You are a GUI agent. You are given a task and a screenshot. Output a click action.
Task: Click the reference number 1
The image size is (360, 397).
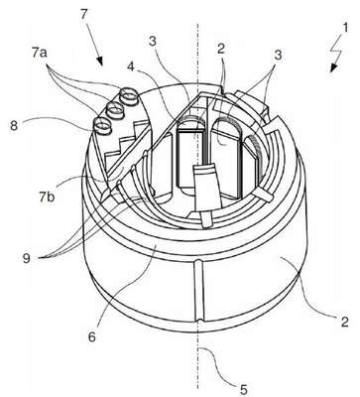coord(345,28)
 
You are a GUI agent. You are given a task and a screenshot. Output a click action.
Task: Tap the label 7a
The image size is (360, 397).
coord(40,54)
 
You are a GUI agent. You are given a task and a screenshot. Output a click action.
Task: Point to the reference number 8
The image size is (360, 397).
coord(14,126)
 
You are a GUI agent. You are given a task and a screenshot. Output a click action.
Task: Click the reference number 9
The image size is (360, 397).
coord(27,257)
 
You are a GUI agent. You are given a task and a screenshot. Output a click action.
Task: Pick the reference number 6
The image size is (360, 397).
coord(91,336)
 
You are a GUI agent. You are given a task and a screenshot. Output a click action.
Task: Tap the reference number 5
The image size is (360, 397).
coord(243,389)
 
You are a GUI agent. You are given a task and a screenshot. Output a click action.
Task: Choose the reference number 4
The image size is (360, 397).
coord(131,66)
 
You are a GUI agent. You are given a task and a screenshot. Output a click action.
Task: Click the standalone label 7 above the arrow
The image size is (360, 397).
coord(84,15)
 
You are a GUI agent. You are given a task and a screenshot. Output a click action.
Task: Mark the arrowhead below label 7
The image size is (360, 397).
coord(100,61)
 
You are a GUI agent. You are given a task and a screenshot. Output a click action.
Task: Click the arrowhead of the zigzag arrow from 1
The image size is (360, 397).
coord(333,67)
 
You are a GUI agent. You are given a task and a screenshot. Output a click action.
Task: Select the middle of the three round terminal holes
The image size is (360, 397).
coord(114,109)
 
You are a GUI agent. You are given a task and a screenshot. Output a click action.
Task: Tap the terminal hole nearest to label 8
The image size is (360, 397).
coord(102,126)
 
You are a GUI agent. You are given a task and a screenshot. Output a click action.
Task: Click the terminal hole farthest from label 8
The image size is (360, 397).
coord(127,95)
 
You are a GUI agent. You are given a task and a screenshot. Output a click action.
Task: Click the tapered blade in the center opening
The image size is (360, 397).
coord(206,188)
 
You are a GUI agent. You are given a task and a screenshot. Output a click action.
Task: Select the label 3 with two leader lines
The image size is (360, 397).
coord(278,55)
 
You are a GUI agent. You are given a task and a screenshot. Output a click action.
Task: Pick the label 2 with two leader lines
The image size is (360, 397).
coord(221,49)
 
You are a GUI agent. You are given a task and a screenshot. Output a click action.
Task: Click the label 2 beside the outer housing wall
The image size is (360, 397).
coord(345,322)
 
